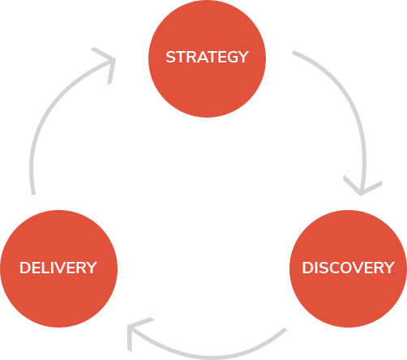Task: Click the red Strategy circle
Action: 207,58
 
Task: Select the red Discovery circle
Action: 348,268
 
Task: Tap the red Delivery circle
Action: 59,268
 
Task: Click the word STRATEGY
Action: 207,57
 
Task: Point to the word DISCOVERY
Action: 349,268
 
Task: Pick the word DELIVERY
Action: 58,268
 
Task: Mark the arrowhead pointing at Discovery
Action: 362,187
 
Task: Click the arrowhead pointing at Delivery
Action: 135,332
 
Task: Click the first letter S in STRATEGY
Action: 171,57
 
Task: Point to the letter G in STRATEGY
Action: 229,57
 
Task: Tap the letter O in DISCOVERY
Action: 342,268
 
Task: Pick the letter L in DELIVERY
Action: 48,268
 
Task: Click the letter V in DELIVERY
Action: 63,268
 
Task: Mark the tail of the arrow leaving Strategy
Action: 293,52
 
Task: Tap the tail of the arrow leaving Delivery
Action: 33,194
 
